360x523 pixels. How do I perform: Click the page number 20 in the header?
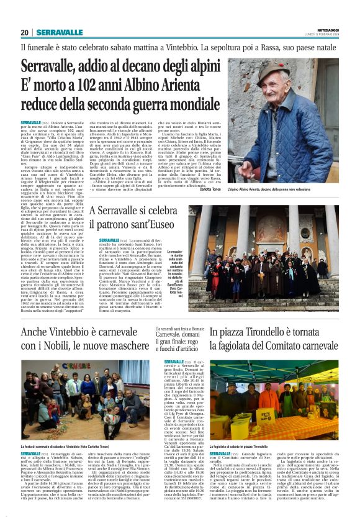25,32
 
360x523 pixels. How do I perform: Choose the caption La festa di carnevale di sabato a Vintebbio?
62,446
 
